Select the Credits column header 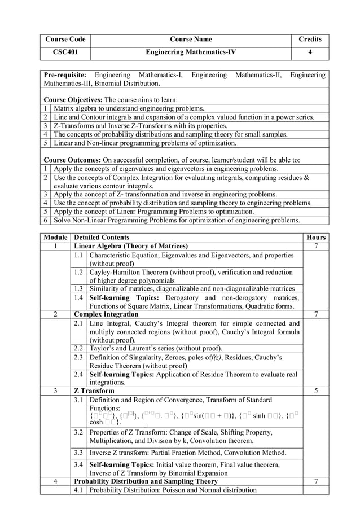pos(310,39)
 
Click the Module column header pos(56,238)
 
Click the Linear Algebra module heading pos(131,247)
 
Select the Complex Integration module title pos(106,314)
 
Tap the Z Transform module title pos(94,390)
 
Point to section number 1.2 pos(80,273)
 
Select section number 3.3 pos(80,453)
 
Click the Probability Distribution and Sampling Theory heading pos(146,481)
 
